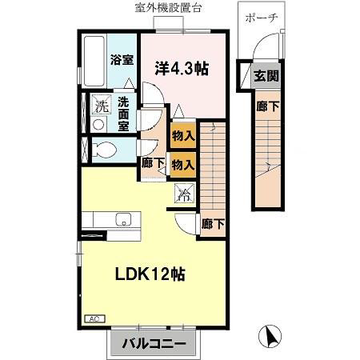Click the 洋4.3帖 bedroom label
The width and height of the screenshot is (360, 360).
182,69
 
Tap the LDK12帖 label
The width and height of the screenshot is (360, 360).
150,274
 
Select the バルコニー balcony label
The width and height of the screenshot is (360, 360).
154,343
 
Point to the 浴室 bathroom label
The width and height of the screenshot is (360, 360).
122,60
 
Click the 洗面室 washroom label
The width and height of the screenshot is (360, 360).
123,114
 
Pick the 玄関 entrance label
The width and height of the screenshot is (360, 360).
266,76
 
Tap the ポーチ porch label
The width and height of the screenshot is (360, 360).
262,18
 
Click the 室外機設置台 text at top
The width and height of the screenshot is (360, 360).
168,8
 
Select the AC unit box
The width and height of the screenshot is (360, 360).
94,318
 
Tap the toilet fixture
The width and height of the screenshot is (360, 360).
104,150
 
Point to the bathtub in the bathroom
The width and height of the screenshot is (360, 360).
94,61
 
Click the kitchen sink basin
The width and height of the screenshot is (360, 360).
123,219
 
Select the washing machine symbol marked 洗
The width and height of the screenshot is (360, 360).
102,105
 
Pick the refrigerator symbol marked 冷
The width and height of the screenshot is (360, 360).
185,193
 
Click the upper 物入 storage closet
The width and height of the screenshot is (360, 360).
183,135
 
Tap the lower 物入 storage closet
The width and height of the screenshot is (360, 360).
183,165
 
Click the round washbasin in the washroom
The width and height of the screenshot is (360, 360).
98,124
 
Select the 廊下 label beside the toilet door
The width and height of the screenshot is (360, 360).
152,163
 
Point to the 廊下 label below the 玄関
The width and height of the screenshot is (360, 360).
267,106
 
